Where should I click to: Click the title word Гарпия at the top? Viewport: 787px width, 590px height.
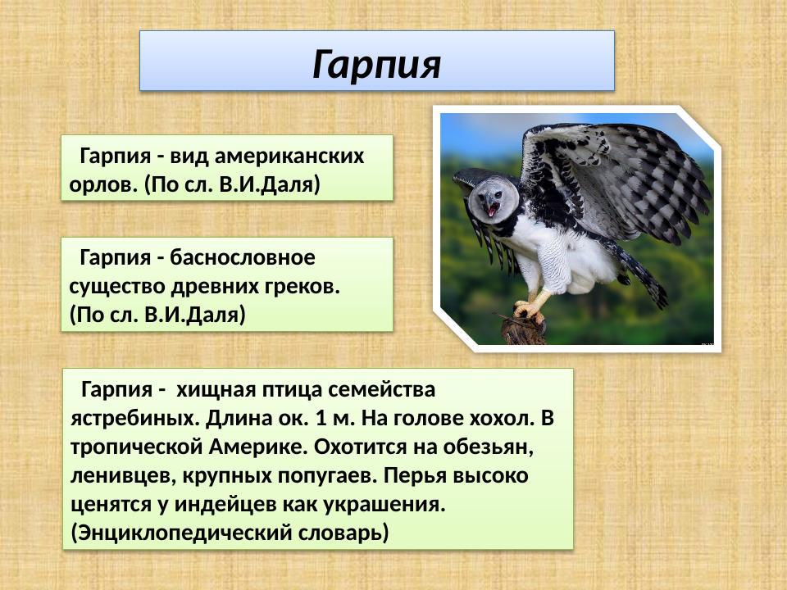pos(376,63)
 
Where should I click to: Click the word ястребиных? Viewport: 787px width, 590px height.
pos(131,417)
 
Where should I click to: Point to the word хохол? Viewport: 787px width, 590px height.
pos(500,417)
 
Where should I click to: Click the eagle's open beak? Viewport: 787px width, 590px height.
pos(491,210)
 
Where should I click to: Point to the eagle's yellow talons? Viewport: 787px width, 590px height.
pos(528,310)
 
